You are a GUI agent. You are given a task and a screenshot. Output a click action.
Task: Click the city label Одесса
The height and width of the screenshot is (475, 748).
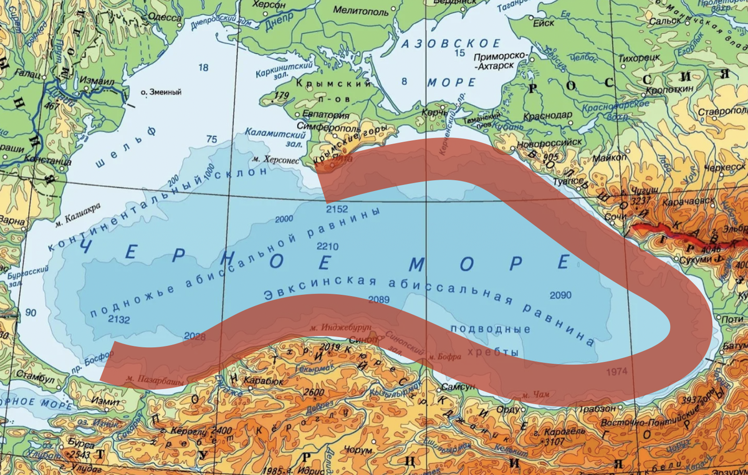click(x=164, y=17)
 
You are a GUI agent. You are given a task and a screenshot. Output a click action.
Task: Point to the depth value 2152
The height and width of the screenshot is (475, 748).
click(x=337, y=208)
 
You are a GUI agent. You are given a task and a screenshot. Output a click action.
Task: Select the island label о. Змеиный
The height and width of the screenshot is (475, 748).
click(x=161, y=92)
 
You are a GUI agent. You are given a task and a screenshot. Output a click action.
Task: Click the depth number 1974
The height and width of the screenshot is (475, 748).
click(x=617, y=372)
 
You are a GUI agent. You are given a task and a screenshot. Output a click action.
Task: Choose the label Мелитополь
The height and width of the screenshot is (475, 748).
click(x=360, y=11)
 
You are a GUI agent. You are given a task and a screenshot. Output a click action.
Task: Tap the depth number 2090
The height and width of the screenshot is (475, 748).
click(x=560, y=294)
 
